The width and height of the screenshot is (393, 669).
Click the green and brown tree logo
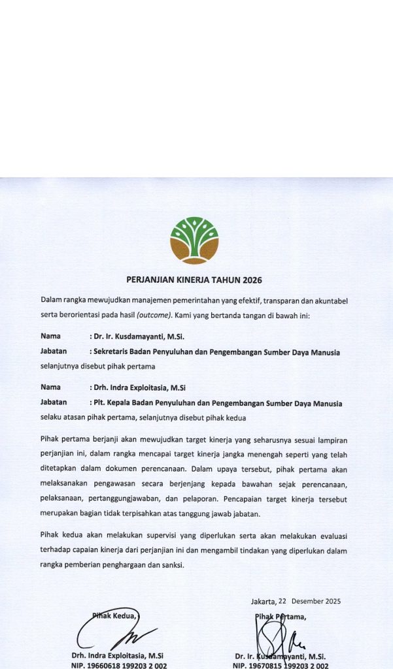[x=194, y=240]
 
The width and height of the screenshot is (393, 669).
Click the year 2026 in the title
[x=252, y=280]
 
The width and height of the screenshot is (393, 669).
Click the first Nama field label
[x=51, y=336]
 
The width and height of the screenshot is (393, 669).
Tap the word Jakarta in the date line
[x=263, y=601]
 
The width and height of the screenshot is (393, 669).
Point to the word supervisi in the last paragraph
[x=156, y=536]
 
